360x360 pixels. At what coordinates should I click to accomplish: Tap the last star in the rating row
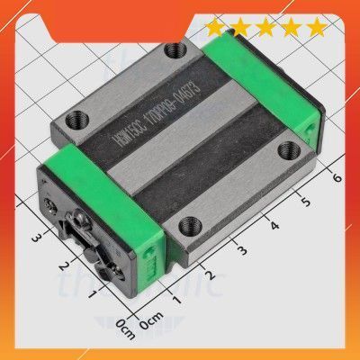(316, 28)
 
